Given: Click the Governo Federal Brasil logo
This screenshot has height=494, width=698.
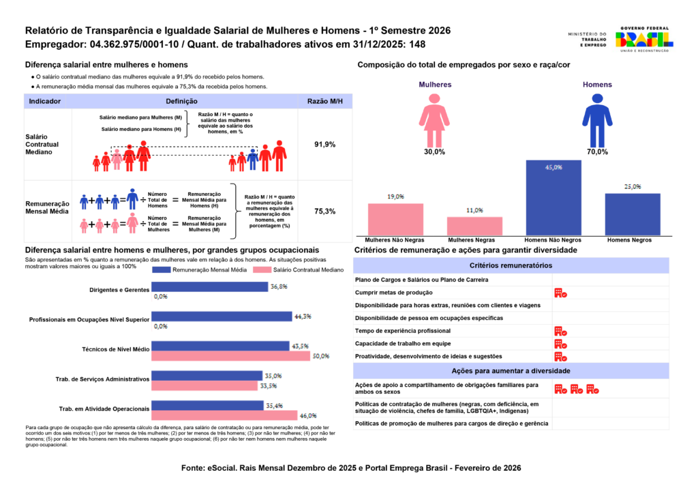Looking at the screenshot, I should [643, 39].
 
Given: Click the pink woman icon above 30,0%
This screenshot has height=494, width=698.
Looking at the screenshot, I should [434, 120].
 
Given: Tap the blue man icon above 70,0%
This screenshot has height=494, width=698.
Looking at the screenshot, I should [597, 120].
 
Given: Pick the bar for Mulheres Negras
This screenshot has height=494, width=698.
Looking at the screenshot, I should [474, 227].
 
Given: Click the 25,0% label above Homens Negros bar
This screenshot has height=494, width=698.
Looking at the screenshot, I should [633, 186].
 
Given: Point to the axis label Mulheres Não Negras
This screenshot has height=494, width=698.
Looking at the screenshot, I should [395, 241].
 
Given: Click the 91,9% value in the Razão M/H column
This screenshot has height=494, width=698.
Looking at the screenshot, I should [324, 145].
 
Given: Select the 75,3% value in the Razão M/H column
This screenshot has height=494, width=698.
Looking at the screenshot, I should [324, 212].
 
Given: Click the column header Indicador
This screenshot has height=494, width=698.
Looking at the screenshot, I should [45, 101].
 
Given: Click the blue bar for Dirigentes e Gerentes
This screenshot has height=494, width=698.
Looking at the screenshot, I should [209, 287].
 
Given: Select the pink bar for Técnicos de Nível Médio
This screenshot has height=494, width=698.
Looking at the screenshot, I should [230, 355].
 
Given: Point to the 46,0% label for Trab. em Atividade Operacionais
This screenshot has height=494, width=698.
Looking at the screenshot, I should [309, 415].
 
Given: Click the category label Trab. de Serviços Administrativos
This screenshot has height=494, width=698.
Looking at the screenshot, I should [102, 379].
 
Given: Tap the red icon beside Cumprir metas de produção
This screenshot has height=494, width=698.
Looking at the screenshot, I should [560, 293].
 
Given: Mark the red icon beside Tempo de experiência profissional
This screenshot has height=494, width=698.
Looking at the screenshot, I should [560, 331].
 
